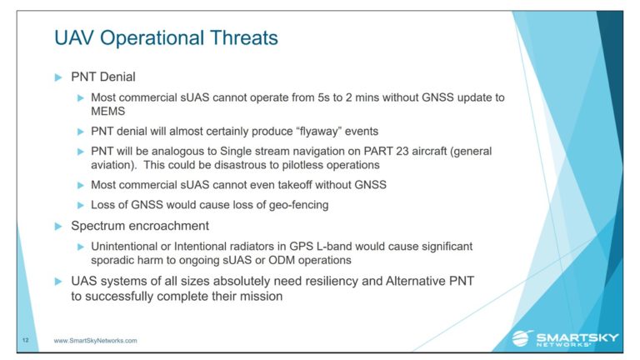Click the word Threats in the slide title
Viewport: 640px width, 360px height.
coord(244,37)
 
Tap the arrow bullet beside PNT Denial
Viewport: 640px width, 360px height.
coord(58,77)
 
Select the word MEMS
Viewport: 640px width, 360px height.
coord(107,111)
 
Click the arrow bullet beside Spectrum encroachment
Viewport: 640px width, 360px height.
coord(58,226)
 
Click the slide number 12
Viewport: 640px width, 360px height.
coord(26,340)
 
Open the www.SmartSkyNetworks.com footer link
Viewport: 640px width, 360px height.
coord(96,340)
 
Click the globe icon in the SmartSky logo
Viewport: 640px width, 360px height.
coord(522,338)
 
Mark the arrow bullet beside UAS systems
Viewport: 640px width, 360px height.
coord(58,281)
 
